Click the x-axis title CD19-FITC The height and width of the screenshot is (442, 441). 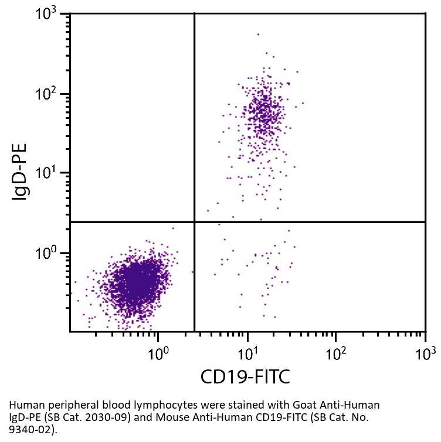point(245,376)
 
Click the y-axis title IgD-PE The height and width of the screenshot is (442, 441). point(21,173)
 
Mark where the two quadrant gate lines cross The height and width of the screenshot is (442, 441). point(194,222)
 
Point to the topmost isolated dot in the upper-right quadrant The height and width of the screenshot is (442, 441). point(258,34)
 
